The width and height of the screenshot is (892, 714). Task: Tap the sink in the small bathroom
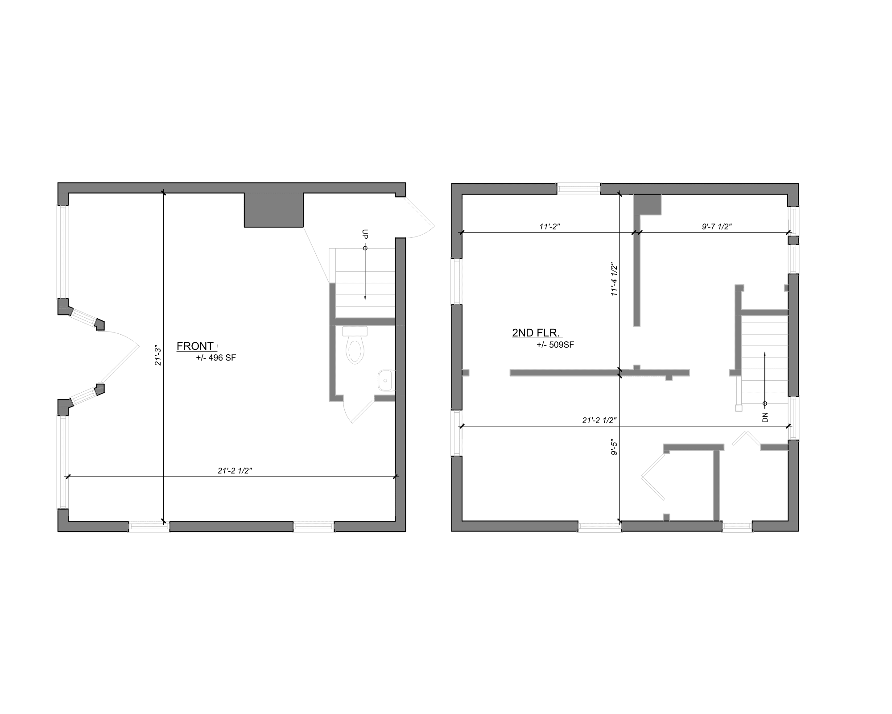coord(385,380)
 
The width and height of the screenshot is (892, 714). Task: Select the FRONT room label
coord(195,346)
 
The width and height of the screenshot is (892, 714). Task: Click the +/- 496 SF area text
coord(216,358)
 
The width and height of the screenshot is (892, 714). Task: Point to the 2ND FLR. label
coord(536,332)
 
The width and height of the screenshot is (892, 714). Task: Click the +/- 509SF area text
coord(555,345)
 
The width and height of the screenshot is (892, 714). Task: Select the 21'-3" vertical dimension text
coord(158,355)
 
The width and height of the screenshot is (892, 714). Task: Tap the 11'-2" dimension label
coord(549,227)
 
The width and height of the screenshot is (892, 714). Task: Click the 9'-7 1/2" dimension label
coord(717,227)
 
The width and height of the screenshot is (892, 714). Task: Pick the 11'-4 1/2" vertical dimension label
coord(614,280)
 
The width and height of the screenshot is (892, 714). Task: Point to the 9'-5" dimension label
coord(614,448)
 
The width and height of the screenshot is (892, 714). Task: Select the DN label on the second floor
coord(765,417)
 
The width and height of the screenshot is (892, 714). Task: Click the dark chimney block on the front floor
coord(274,210)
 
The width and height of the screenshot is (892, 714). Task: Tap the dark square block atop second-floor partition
coord(648,205)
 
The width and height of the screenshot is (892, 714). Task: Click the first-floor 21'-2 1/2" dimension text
coord(235,471)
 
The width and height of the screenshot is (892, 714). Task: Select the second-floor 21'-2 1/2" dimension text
coord(599,420)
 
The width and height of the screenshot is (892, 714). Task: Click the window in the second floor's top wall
coord(578,189)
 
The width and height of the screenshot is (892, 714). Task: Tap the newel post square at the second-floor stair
coord(739,408)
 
